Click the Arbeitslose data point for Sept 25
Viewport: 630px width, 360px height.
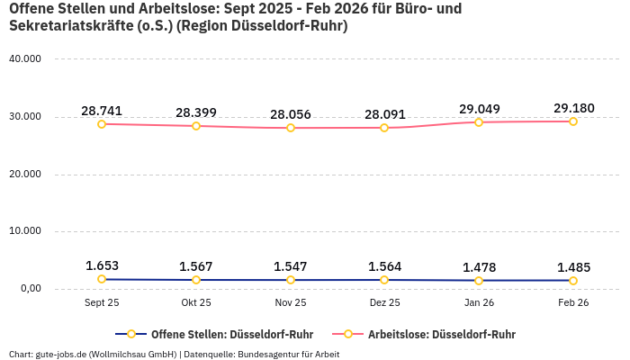(102, 124)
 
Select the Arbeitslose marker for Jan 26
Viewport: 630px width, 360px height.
(479, 122)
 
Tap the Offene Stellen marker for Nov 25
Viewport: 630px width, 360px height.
(291, 280)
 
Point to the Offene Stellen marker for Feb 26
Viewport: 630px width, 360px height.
(573, 281)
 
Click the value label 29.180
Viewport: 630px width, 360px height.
(573, 108)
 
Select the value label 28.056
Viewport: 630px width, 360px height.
(291, 114)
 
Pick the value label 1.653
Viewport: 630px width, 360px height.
(102, 265)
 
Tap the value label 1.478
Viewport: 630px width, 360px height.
(479, 267)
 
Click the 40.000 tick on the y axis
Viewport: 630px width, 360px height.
(24, 58)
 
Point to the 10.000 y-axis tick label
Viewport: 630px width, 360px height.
(24, 231)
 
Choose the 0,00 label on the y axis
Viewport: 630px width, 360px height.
(29, 289)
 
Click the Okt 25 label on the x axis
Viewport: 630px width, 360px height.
(196, 303)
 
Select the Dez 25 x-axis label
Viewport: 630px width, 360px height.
(384, 303)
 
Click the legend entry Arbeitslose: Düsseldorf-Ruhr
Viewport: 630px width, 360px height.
(441, 334)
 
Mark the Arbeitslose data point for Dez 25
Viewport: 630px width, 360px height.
(384, 128)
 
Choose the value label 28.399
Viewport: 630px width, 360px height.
(196, 112)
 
